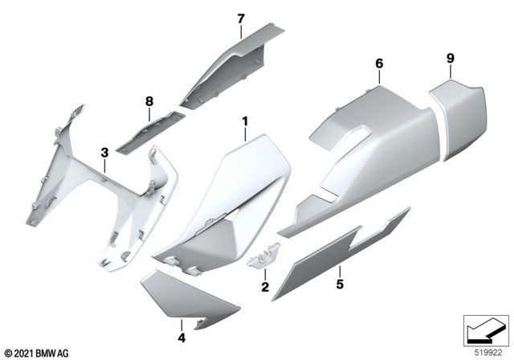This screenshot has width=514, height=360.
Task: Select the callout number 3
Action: [x=104, y=152]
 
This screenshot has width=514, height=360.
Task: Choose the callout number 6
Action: [x=379, y=63]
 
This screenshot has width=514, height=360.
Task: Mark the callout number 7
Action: [x=239, y=17]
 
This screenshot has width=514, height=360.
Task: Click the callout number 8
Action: [x=149, y=102]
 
